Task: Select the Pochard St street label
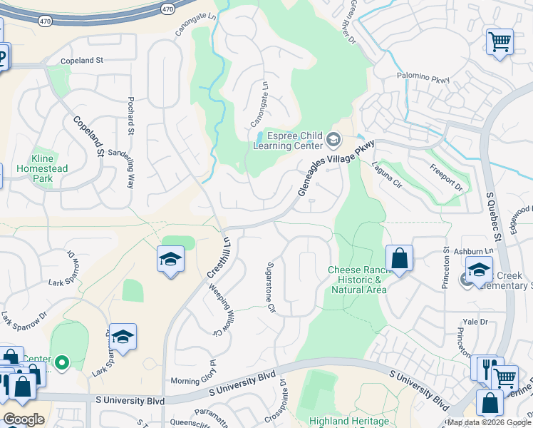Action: tap(131, 115)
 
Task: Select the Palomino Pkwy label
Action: tap(423, 78)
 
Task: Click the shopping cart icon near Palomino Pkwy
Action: tap(500, 41)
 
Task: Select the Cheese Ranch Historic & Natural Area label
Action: tap(357, 280)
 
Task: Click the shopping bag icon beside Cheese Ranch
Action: tap(400, 258)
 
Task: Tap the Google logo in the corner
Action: tap(24, 419)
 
